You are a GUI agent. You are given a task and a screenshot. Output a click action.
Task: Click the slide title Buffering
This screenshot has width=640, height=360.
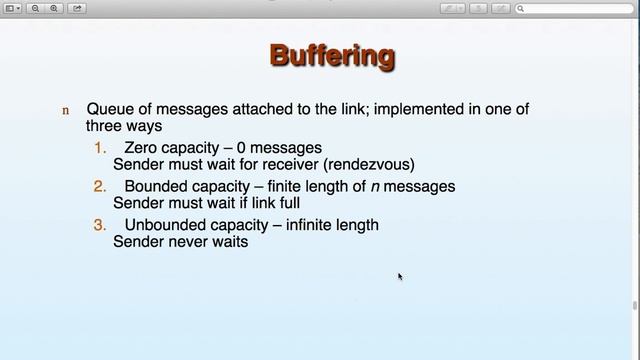point(332,56)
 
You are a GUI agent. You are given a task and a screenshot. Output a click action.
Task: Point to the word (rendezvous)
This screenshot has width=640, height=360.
point(370,164)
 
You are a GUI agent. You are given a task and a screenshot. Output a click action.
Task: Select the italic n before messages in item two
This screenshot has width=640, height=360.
point(376,186)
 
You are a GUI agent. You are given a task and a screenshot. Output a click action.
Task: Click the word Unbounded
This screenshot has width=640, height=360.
point(165,225)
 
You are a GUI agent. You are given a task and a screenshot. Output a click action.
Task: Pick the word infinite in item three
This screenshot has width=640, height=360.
point(315,225)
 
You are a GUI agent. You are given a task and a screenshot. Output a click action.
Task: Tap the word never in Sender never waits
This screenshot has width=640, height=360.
point(188,241)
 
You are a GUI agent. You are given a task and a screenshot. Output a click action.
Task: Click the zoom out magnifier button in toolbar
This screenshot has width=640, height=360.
point(35,8)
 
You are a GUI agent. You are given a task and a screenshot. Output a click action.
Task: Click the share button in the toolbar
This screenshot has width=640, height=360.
point(77,8)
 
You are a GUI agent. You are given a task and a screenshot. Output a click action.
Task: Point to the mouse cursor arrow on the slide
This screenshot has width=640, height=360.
point(399,276)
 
